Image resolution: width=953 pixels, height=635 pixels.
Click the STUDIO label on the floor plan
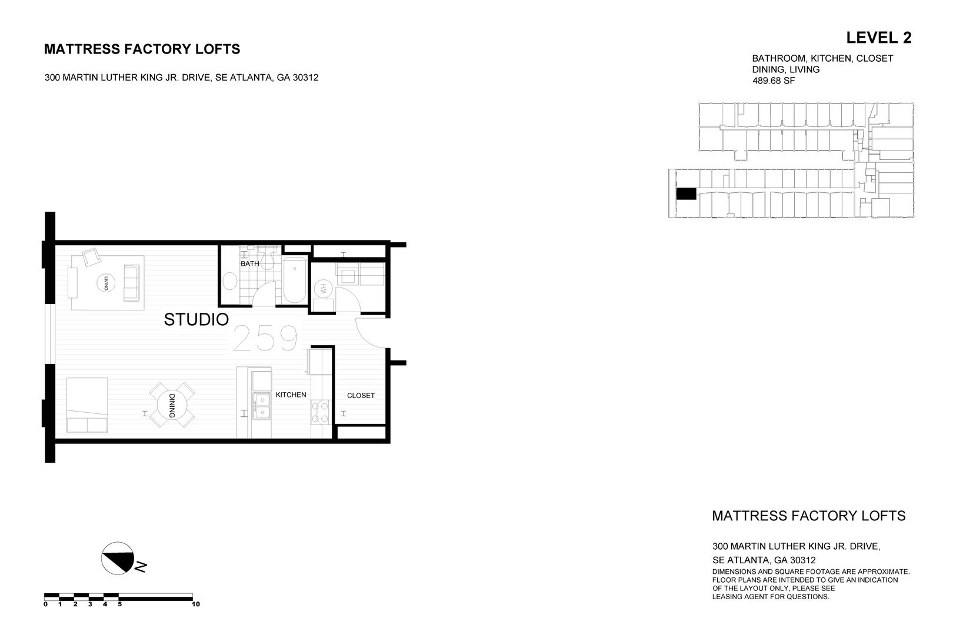[196, 320]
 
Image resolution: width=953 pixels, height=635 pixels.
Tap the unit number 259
[265, 339]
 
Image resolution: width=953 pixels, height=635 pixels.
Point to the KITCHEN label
[291, 395]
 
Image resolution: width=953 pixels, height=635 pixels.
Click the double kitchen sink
[261, 406]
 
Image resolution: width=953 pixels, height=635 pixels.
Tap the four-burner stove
[321, 412]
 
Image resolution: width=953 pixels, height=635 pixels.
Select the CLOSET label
[361, 396]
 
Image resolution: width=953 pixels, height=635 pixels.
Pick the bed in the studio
[87, 405]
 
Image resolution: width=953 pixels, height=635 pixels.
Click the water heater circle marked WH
[323, 289]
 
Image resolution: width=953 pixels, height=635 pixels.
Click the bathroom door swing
[265, 294]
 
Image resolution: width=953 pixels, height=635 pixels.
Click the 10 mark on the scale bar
[196, 604]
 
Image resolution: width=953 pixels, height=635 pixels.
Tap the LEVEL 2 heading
[878, 38]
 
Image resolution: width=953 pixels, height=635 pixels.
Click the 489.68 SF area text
[773, 81]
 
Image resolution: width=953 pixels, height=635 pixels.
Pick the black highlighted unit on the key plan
[685, 193]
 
